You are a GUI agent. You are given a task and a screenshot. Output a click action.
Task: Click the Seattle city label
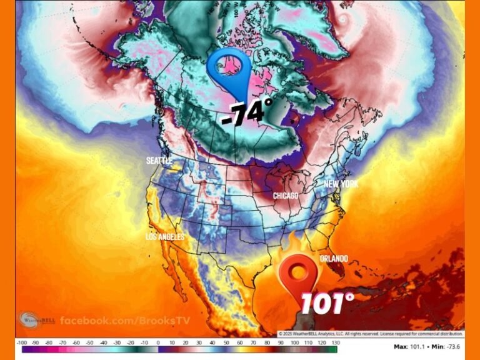click(159, 161)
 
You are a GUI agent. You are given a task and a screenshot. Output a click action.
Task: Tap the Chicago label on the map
click(285, 196)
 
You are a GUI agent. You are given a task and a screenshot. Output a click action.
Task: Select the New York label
click(341, 184)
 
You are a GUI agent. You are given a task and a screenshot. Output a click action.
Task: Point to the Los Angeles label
click(165, 237)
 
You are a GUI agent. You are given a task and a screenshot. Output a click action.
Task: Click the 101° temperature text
click(327, 304)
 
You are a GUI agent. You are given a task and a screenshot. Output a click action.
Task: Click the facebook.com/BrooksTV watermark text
click(125, 321)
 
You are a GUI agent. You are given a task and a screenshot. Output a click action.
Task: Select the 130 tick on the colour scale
click(336, 342)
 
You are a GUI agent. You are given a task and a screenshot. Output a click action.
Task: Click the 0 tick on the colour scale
click(158, 342)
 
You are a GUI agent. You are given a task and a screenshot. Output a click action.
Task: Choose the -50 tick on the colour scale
click(91, 342)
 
